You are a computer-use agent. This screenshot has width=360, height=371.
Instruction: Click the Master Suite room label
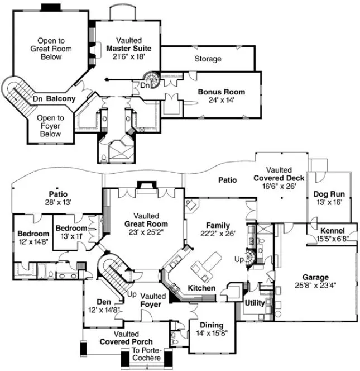point(129,49)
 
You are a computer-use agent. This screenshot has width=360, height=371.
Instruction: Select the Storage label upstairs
point(208,59)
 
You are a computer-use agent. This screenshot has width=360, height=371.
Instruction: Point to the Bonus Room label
point(221,92)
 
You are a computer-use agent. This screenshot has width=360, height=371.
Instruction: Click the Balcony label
point(61,98)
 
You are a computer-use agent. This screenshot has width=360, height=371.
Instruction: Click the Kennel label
point(332,231)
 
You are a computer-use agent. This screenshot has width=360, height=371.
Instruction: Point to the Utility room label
point(255,302)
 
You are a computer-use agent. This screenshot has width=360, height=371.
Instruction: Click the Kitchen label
point(201,288)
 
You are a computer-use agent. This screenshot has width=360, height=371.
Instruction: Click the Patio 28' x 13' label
point(59,198)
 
